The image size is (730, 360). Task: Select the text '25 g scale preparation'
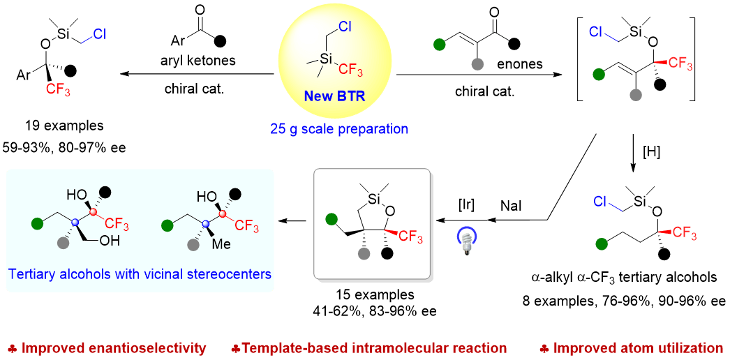(x=339, y=128)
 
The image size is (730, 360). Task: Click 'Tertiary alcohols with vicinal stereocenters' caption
(x=140, y=274)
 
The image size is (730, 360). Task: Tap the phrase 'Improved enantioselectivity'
(x=110, y=347)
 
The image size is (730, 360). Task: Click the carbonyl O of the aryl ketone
(x=200, y=11)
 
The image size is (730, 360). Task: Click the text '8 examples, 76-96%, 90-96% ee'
(x=623, y=301)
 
